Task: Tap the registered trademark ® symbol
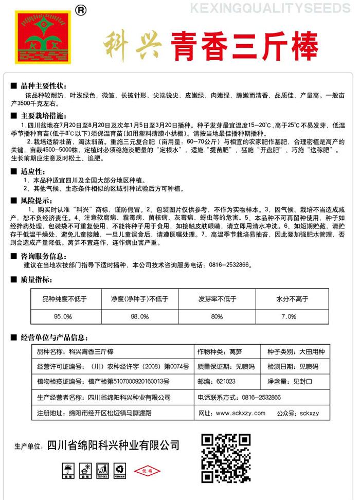tap(81, 9)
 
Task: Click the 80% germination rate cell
tap(217, 316)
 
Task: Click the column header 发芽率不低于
tap(217, 298)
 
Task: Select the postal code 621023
tap(226, 382)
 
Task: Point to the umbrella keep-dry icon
tap(67, 469)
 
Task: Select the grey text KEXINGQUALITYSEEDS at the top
tap(272, 9)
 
